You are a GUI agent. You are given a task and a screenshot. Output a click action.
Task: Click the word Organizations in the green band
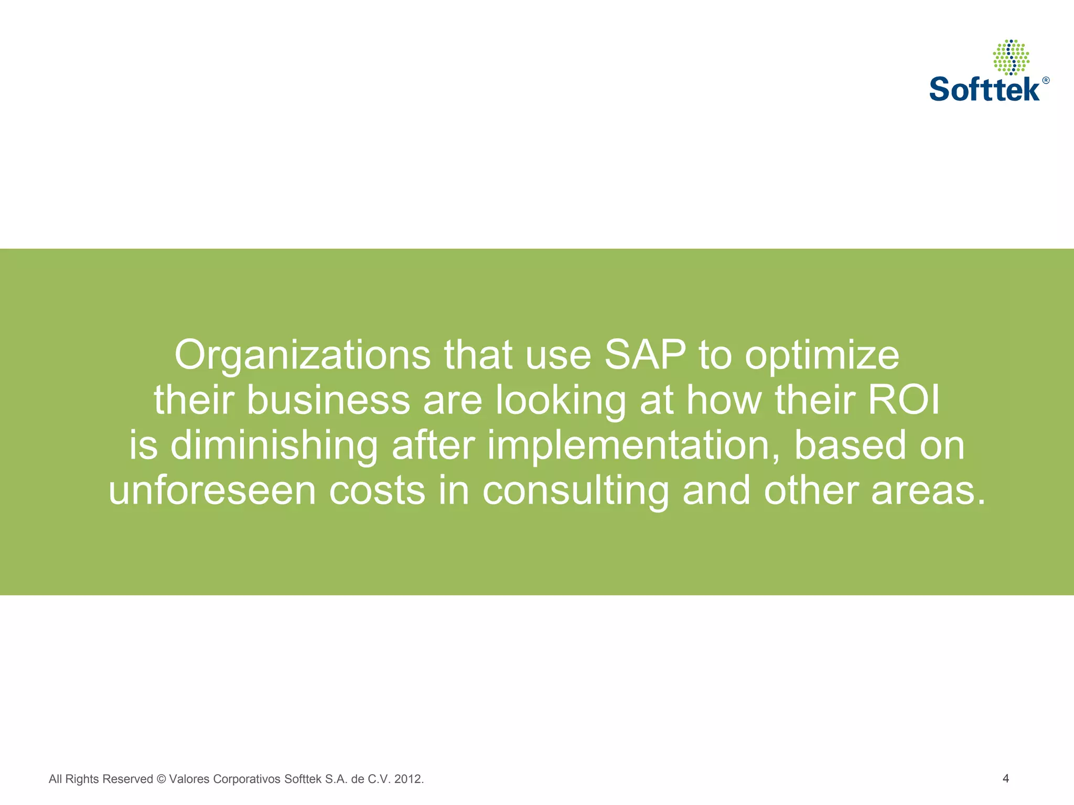pyautogui.click(x=302, y=356)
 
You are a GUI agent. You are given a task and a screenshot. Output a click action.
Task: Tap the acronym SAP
pyautogui.click(x=645, y=355)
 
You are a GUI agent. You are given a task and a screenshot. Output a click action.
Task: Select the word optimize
pyautogui.click(x=822, y=356)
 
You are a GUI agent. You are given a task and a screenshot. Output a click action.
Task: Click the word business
pyautogui.click(x=328, y=400)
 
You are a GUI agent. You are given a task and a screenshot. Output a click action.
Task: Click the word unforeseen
pyautogui.click(x=212, y=491)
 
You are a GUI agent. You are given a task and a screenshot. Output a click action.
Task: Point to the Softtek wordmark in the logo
pyautogui.click(x=984, y=89)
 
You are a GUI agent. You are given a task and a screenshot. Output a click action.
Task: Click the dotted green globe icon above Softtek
pyautogui.click(x=1011, y=57)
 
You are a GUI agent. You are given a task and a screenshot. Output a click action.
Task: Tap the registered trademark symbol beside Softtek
pyautogui.click(x=1046, y=80)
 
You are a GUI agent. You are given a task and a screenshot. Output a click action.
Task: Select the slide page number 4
pyautogui.click(x=1005, y=778)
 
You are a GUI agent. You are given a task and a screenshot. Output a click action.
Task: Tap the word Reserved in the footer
pyautogui.click(x=127, y=779)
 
